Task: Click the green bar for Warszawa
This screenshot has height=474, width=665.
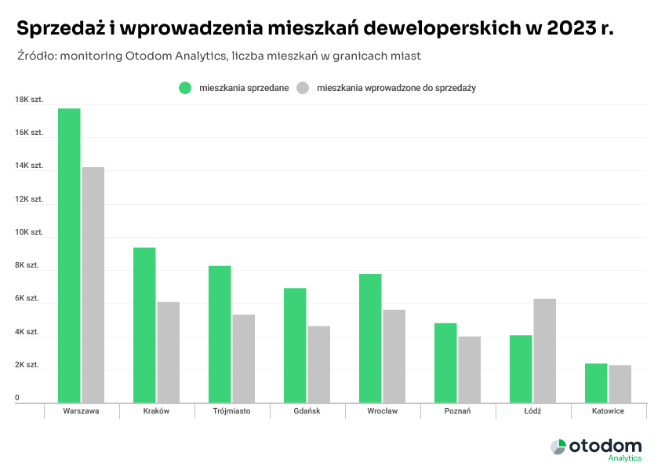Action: click(x=69, y=256)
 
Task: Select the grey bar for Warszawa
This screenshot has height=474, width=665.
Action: click(x=93, y=285)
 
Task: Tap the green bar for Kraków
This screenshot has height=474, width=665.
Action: click(x=144, y=325)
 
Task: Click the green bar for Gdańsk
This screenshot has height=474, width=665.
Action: click(x=295, y=345)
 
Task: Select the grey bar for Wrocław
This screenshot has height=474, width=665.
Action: click(x=394, y=356)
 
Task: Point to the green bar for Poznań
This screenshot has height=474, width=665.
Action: click(x=445, y=363)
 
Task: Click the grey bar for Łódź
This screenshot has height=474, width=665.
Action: click(x=544, y=351)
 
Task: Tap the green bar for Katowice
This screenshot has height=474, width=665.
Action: click(x=596, y=383)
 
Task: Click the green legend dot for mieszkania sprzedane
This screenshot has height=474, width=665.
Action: click(x=185, y=88)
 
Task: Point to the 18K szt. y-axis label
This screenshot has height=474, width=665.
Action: click(x=28, y=100)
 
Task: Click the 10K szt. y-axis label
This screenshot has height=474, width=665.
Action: click(x=28, y=232)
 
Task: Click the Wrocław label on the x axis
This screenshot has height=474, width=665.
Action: click(x=383, y=411)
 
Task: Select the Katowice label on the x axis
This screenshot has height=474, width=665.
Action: click(x=609, y=411)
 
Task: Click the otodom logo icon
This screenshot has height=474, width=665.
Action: click(x=558, y=447)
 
